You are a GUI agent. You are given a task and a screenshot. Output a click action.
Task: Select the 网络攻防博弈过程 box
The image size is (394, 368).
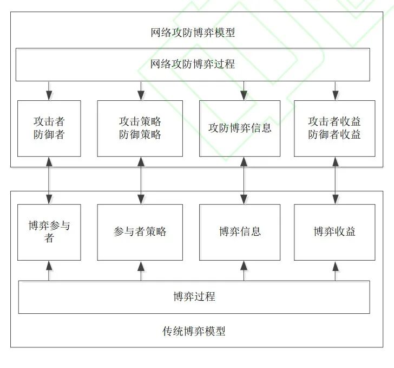click(x=193, y=64)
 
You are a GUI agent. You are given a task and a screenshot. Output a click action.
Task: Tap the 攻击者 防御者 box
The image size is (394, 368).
click(x=49, y=128)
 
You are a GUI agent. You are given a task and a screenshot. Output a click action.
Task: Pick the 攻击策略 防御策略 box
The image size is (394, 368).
click(x=140, y=128)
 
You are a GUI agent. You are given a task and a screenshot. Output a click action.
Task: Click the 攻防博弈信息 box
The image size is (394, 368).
click(x=240, y=128)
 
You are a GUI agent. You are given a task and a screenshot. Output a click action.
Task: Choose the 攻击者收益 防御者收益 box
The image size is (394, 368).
click(x=334, y=128)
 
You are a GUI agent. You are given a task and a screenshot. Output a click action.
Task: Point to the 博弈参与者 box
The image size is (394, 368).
click(x=49, y=232)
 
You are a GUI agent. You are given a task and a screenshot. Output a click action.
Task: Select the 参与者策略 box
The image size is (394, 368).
click(x=140, y=232)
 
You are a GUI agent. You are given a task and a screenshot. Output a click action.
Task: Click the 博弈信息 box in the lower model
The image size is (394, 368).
click(x=240, y=232)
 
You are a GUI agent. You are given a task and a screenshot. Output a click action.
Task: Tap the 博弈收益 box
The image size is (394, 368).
click(x=334, y=232)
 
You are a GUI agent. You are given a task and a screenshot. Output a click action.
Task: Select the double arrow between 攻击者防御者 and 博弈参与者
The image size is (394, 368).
click(x=49, y=180)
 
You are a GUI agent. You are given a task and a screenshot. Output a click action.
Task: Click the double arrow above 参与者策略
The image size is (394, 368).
click(x=141, y=180)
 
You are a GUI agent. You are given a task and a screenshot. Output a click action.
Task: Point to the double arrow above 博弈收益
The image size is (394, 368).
click(x=336, y=180)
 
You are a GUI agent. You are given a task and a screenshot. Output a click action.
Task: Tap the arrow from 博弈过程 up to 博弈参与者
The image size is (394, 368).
click(x=49, y=270)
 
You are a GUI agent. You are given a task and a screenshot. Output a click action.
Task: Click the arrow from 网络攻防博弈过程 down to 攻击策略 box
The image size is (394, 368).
click(x=141, y=91)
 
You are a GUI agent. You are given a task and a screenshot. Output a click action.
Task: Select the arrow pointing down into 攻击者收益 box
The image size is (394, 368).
click(x=336, y=91)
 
